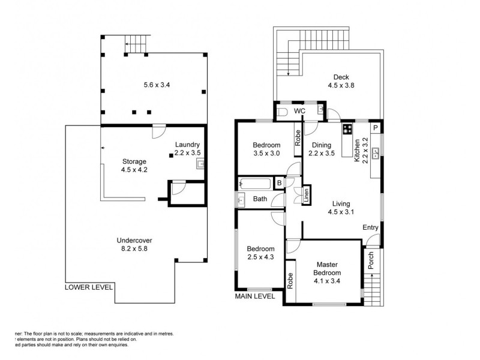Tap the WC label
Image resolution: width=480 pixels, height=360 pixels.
[299, 112]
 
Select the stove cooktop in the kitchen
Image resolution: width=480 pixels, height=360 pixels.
[347, 128]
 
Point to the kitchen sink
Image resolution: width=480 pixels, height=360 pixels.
[376, 153]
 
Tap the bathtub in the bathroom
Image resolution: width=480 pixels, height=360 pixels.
[255, 184]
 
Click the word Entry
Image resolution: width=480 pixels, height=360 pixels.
[370, 227]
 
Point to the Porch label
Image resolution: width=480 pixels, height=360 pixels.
[371, 259]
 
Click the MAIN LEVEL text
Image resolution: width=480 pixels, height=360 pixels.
[255, 296]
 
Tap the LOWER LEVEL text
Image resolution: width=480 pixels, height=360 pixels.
[89, 287]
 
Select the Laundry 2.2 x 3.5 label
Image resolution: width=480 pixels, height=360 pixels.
[187, 149]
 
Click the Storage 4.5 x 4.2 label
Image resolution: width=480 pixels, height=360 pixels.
[134, 165]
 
